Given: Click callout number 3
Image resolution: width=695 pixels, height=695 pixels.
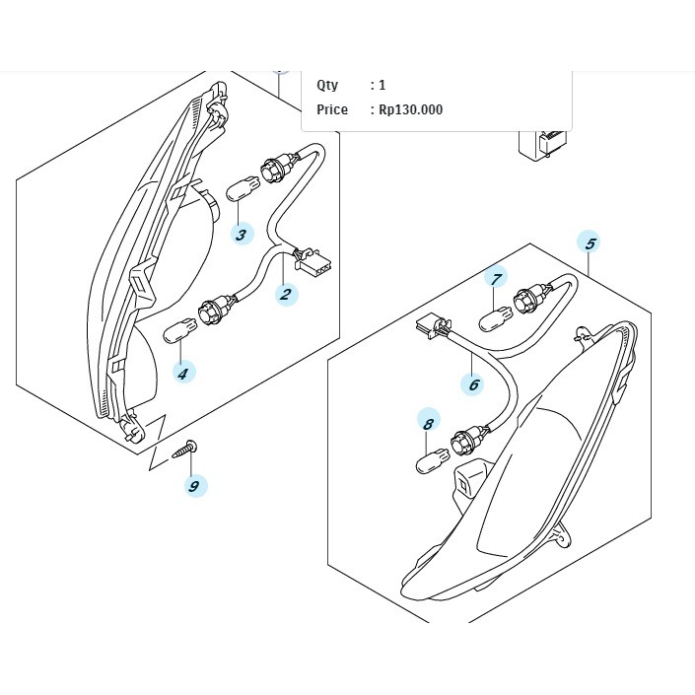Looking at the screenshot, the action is point(242,234).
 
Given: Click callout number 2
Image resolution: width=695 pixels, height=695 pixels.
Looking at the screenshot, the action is point(286,294).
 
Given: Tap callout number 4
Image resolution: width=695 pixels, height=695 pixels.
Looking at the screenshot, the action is point(184,373).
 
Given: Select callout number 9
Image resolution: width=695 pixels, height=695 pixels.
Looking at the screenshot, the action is point(195,485).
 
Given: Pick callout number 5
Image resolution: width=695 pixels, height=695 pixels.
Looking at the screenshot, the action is point(590,243).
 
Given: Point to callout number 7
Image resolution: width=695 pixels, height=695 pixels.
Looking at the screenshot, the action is point(496,279).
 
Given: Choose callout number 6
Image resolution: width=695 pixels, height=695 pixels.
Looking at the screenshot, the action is point(473,383).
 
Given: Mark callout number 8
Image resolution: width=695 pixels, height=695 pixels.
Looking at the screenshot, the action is point(429,423).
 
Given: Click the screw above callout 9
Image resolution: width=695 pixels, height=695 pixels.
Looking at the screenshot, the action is point(184,450).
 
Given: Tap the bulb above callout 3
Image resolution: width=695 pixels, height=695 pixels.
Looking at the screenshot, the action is point(243,188).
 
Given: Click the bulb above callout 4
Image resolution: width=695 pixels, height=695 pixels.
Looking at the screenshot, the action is point(180,330).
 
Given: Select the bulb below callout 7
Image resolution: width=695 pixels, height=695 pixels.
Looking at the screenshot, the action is point(496,319).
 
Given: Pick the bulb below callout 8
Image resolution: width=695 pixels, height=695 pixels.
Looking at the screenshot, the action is point(433,461).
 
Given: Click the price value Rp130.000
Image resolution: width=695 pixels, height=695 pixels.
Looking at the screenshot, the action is point(410,109).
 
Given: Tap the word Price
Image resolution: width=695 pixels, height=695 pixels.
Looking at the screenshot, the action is point(332,109).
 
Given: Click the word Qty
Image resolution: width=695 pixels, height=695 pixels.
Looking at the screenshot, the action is point(327,85).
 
